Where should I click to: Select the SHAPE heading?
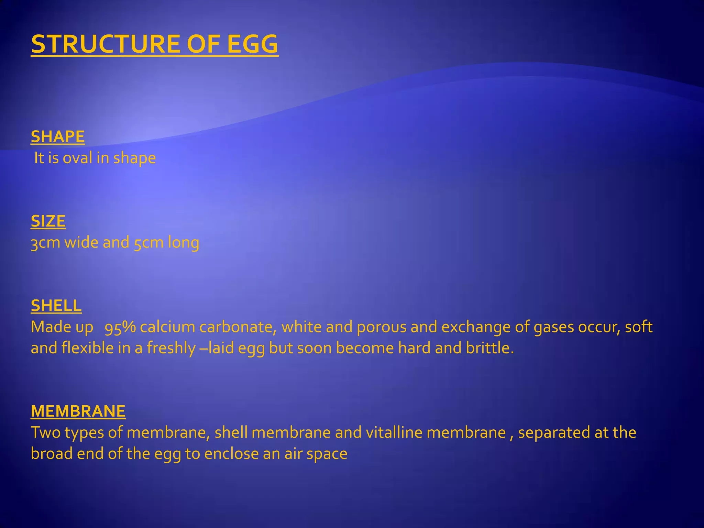(x=58, y=136)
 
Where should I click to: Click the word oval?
(x=77, y=158)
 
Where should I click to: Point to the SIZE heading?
(x=48, y=221)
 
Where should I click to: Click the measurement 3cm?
(x=45, y=243)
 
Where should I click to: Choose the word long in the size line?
(x=183, y=243)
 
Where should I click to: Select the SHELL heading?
(x=56, y=306)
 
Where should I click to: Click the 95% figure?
(x=120, y=327)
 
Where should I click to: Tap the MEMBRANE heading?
(x=78, y=411)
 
